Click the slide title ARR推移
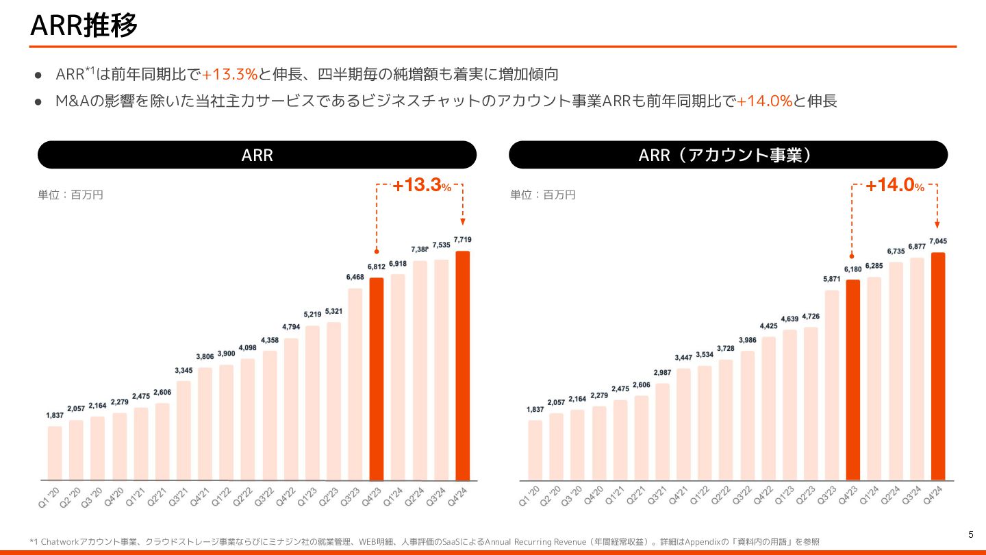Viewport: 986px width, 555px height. [84, 25]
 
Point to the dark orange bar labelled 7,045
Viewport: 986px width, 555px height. [937, 366]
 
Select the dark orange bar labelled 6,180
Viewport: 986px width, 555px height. [852, 380]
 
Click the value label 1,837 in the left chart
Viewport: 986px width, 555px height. [55, 416]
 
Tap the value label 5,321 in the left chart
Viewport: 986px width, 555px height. [333, 312]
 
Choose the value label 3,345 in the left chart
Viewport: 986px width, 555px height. [184, 371]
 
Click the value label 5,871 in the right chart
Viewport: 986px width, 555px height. [831, 280]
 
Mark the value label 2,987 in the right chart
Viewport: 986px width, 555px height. [661, 373]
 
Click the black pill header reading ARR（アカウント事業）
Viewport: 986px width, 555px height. [728, 155]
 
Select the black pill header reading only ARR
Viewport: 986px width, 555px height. [257, 155]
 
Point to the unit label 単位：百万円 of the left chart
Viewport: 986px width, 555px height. [70, 195]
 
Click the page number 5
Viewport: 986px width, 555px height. [970, 534]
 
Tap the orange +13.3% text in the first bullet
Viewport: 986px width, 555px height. [229, 73]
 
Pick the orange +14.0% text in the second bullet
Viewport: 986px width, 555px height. [764, 101]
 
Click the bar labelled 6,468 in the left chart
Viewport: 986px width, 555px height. [355, 384]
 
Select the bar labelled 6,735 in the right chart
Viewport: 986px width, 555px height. [895, 371]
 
